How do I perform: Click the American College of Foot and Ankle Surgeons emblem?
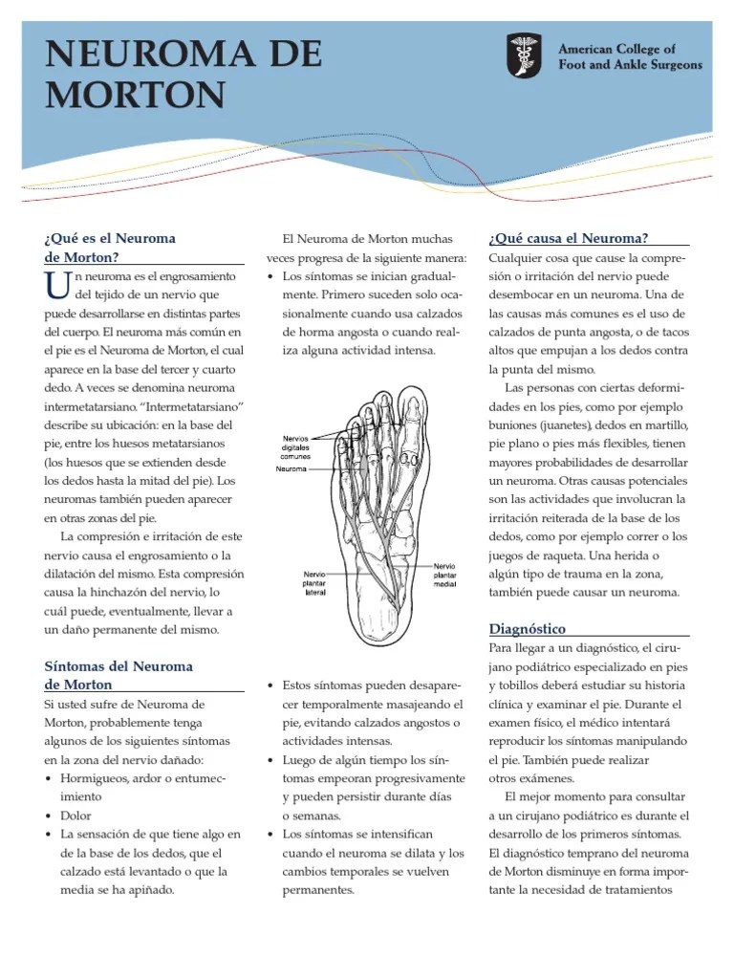pos(525,56)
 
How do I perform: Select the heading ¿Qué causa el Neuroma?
pos(568,238)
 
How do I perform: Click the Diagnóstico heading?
pos(527,628)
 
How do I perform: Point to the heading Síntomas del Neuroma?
pos(119,665)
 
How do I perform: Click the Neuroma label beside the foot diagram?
pos(291,469)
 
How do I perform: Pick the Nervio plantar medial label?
pos(445,575)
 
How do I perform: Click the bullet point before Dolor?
pos(49,816)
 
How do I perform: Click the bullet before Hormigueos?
pos(49,778)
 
